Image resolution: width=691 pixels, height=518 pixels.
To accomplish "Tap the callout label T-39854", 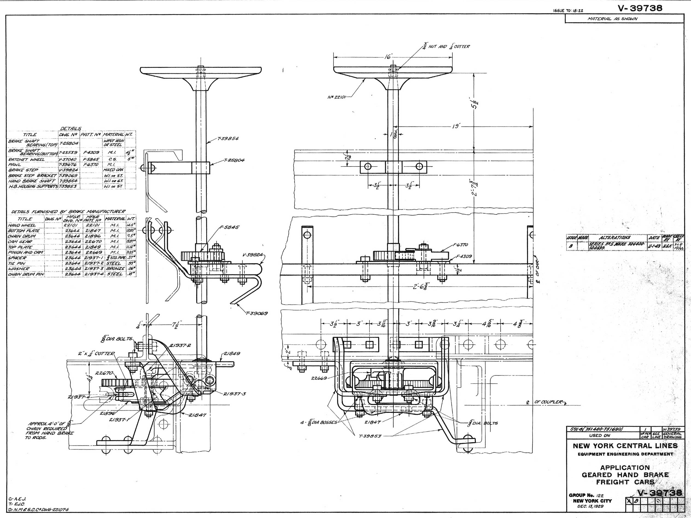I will (228, 138).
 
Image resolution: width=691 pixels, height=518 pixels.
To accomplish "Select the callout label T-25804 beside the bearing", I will (234, 160).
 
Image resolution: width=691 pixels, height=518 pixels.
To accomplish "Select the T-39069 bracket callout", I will (257, 313).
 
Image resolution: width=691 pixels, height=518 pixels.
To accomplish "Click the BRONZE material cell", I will (115, 268).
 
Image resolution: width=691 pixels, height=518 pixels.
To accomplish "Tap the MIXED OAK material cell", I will (114, 170).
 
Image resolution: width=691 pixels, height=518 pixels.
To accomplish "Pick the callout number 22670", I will (104, 373).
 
